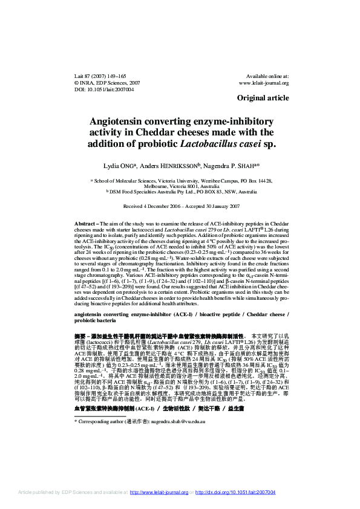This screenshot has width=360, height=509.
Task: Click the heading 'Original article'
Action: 263,97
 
